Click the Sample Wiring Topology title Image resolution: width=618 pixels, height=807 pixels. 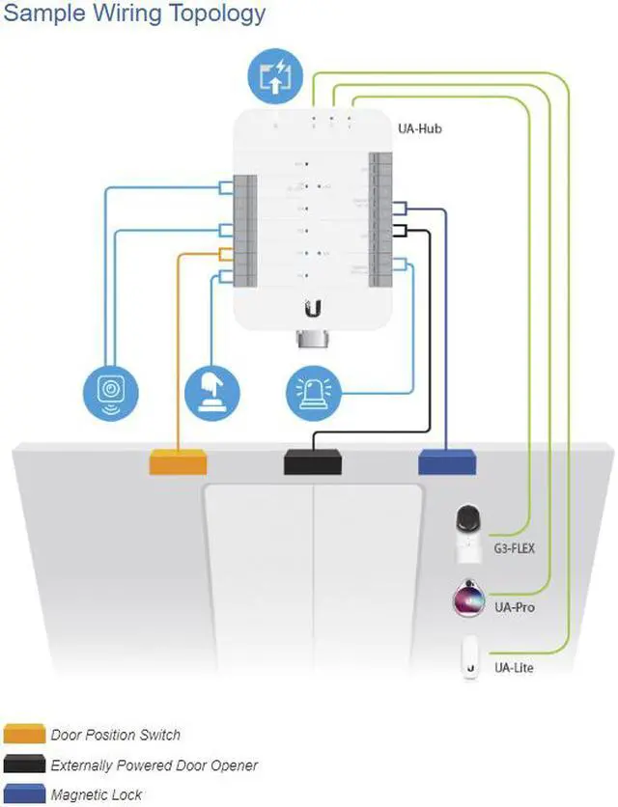(x=135, y=14)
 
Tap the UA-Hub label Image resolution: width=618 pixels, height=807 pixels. (x=419, y=128)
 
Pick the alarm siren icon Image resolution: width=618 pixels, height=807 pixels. (x=315, y=392)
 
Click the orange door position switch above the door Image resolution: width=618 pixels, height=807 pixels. (x=178, y=462)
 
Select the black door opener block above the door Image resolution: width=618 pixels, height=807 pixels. (x=313, y=462)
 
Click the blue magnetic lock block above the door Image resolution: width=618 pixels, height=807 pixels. (x=447, y=462)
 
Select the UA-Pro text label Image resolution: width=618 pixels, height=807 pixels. (x=513, y=607)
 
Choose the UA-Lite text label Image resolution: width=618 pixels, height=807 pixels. (x=513, y=667)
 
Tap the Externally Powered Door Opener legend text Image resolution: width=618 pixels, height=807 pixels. (x=154, y=765)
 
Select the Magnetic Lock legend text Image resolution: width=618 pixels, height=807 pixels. (x=97, y=794)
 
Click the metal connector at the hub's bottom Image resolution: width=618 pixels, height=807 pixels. (x=313, y=341)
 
